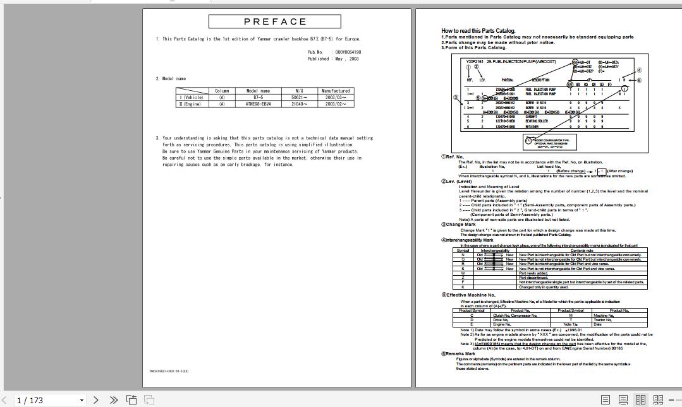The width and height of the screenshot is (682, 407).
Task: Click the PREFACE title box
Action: (x=275, y=21)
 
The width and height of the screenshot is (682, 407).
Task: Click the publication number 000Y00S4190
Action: (x=348, y=52)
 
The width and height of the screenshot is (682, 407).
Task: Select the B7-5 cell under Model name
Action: (x=257, y=98)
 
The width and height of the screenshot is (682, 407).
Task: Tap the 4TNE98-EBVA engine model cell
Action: (x=257, y=104)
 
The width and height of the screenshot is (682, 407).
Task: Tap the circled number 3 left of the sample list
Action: (x=455, y=97)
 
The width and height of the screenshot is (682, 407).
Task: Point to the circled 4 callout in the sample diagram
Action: (x=639, y=71)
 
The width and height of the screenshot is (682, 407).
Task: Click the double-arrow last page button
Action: (x=114, y=400)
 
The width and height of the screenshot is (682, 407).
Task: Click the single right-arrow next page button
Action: (x=96, y=400)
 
